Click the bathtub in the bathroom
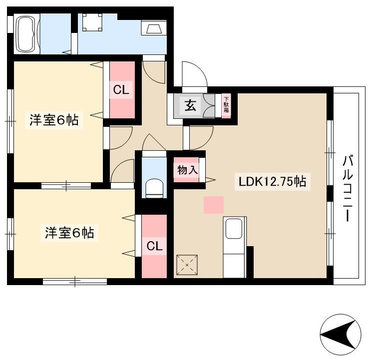pos(26,34)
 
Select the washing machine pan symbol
pos(92,22)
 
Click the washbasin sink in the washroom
pos(154,28)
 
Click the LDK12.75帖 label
pos(272,182)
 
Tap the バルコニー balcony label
pos(348,188)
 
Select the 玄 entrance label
pos(191,105)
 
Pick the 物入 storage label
pos(187,170)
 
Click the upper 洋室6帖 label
pos(54,120)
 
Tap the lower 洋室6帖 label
pos(69,233)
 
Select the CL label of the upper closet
pos(121,90)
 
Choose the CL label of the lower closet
pos(154,246)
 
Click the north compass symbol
pos(341,335)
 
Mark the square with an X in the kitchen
pos(187,265)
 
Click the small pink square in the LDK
pos(214,205)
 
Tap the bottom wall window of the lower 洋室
pos(75,282)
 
